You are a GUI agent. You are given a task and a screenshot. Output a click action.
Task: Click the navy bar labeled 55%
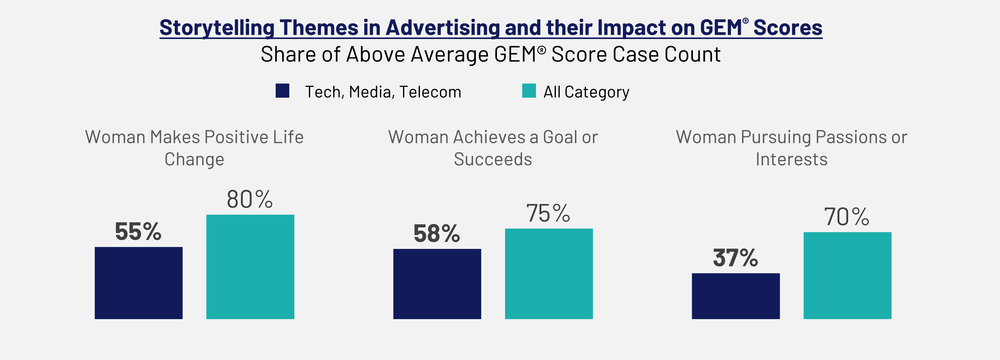pyautogui.click(x=139, y=283)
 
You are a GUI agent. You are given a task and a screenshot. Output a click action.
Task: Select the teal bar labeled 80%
pyautogui.click(x=250, y=267)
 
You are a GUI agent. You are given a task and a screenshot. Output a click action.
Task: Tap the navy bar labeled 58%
pyautogui.click(x=437, y=284)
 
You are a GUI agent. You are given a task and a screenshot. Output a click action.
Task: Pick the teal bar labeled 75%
pyautogui.click(x=549, y=274)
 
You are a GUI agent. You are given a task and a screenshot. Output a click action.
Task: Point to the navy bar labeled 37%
pyautogui.click(x=736, y=296)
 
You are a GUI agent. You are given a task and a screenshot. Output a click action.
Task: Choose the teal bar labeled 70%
pyautogui.click(x=847, y=276)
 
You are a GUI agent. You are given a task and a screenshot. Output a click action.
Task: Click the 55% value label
pyautogui.click(x=138, y=232)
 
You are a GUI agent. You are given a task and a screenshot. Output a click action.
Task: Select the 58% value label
pyautogui.click(x=437, y=234)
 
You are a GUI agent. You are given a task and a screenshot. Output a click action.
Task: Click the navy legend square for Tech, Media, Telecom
pyautogui.click(x=282, y=91)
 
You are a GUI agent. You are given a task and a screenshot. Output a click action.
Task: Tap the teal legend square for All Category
pyautogui.click(x=529, y=91)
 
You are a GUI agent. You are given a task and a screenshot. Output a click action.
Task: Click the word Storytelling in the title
pyautogui.click(x=217, y=28)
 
